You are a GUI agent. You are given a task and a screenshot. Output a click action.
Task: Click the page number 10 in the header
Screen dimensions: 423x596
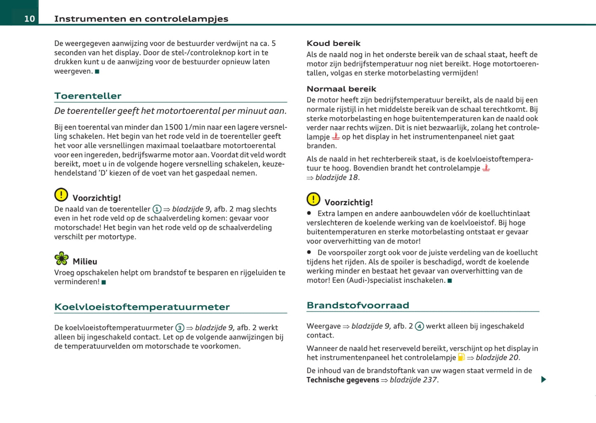click(29, 19)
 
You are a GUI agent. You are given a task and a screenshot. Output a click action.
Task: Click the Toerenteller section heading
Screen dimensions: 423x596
click(88, 96)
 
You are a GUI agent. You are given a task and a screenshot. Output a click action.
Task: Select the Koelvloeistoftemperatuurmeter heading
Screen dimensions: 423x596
click(142, 307)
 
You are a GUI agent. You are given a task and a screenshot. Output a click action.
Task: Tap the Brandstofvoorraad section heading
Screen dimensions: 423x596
click(358, 305)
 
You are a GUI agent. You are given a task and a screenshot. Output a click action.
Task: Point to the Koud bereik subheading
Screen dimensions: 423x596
click(333, 43)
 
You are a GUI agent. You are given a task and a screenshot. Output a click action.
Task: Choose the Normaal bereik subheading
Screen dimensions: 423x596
click(341, 89)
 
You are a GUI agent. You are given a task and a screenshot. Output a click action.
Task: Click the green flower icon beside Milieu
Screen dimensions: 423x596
click(61, 258)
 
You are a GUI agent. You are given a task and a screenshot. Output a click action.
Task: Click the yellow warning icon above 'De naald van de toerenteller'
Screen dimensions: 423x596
click(61, 195)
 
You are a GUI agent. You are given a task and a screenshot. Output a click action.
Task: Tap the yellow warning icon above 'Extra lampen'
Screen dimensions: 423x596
click(313, 199)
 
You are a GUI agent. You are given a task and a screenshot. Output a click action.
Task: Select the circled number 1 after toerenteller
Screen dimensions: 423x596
click(157, 209)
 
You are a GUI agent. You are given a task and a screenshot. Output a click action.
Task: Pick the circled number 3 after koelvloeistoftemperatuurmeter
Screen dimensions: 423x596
click(180, 328)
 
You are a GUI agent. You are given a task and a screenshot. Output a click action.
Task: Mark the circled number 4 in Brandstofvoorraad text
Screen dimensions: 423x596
click(419, 327)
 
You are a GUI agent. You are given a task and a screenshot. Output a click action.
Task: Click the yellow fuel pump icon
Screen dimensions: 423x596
click(461, 357)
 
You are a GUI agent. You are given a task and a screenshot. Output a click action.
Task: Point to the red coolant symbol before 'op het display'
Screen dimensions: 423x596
click(336, 136)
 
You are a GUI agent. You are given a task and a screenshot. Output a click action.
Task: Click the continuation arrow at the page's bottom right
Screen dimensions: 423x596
click(543, 379)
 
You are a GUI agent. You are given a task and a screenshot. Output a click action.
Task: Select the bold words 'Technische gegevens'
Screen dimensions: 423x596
click(342, 380)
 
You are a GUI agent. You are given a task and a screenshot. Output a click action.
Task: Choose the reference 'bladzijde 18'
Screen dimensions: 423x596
click(337, 178)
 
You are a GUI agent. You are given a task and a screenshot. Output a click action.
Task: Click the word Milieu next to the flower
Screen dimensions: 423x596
click(85, 261)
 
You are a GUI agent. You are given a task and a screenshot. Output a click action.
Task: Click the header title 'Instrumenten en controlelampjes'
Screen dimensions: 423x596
click(141, 19)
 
